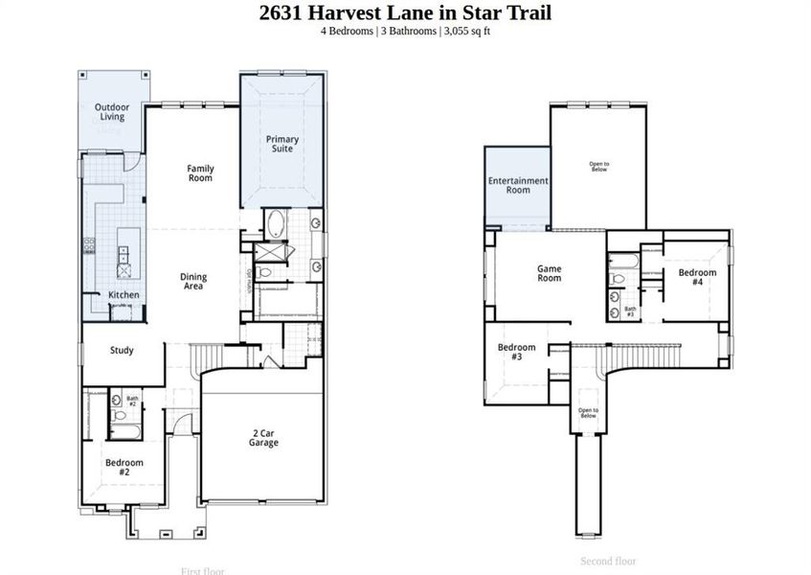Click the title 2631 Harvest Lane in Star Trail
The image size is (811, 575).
tap(405, 12)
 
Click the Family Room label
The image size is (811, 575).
tap(200, 173)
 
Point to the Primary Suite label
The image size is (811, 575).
tap(282, 145)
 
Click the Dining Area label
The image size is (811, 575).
tap(193, 282)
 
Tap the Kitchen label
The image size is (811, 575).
tap(124, 295)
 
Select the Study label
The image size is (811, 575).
tap(122, 351)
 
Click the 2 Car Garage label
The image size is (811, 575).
tap(263, 438)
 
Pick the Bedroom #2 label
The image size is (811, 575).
tap(124, 468)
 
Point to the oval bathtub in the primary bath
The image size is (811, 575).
tap(276, 224)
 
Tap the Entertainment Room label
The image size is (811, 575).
tap(517, 185)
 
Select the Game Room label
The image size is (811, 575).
tap(549, 273)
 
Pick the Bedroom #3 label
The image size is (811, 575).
tap(516, 352)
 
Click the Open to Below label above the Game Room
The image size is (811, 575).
tap(598, 167)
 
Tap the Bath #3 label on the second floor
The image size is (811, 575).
tap(630, 311)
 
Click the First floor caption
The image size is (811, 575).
tap(202, 571)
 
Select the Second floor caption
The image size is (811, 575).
tap(608, 562)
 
